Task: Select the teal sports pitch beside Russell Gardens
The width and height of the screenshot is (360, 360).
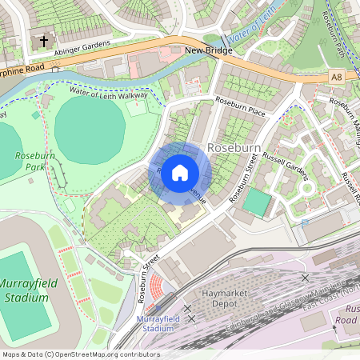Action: tap(258, 202)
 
